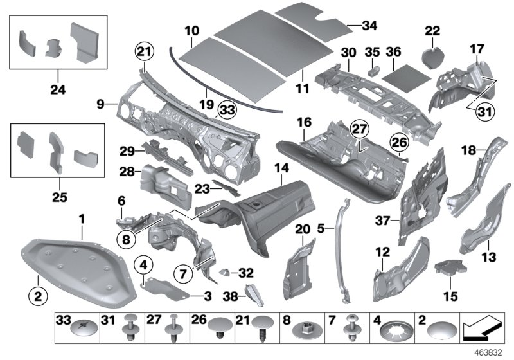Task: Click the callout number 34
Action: tap(369, 26)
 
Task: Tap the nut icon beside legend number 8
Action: tap(305, 331)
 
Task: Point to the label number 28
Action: tap(126, 172)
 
